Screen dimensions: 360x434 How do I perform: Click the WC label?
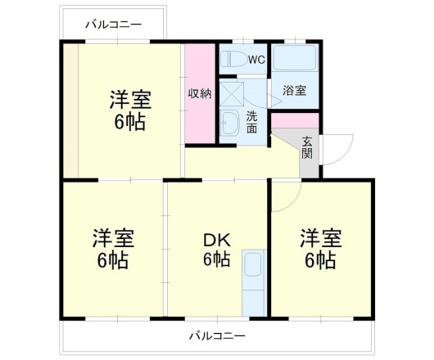click(x=256, y=60)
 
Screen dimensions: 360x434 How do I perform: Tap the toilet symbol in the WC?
click(x=233, y=60)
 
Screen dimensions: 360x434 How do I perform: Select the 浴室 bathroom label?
click(x=295, y=90)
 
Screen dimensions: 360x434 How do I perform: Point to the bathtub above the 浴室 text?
click(x=295, y=60)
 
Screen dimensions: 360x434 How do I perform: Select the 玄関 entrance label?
click(x=307, y=146)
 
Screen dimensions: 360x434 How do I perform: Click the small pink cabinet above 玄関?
click(x=295, y=120)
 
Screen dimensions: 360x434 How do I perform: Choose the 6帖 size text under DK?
click(x=216, y=261)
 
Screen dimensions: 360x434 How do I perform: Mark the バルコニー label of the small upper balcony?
click(x=114, y=24)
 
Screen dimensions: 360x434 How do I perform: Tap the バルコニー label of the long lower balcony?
click(x=217, y=335)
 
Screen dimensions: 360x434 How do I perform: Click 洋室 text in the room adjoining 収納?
click(x=130, y=101)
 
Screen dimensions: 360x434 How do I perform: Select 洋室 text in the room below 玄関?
click(x=320, y=239)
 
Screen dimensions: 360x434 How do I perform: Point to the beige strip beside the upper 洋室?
click(x=72, y=110)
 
